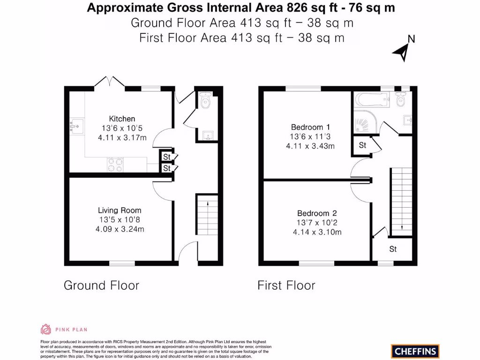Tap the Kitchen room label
tap(122, 119)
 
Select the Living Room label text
tap(120, 210)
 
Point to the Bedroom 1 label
tap(307, 127)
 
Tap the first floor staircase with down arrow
tap(401, 202)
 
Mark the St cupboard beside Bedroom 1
tap(362, 146)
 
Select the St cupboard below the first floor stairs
tap(393, 249)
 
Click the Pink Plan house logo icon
tap(46, 329)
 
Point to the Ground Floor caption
tap(101, 285)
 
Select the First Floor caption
tap(286, 285)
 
